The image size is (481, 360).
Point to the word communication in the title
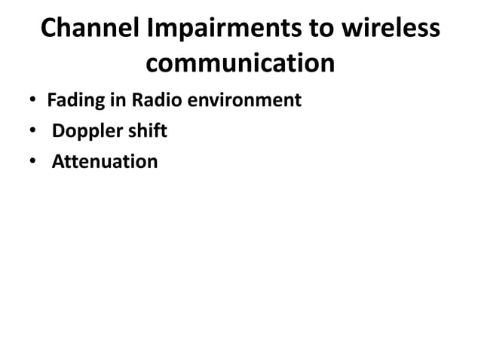[240, 63]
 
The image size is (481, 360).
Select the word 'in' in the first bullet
[110, 100]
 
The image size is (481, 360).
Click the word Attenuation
[105, 162]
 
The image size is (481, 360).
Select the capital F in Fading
[51, 100]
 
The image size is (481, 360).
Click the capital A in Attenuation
[57, 162]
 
